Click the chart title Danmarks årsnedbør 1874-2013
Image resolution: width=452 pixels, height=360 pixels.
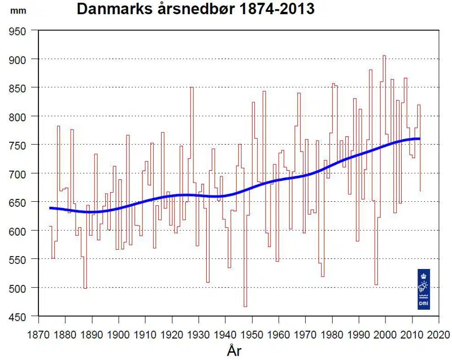click(x=195, y=10)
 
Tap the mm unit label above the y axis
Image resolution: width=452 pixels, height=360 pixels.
click(x=16, y=11)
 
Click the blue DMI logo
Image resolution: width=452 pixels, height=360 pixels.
click(x=424, y=289)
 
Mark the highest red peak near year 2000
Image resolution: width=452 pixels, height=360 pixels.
click(x=384, y=56)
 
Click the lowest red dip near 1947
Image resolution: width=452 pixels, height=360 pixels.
click(x=245, y=306)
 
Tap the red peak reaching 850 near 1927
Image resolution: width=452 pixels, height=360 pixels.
click(x=192, y=88)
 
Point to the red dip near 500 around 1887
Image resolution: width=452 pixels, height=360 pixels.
click(x=85, y=288)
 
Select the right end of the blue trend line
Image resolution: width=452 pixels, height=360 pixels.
click(x=419, y=138)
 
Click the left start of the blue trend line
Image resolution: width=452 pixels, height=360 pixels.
click(x=50, y=208)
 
